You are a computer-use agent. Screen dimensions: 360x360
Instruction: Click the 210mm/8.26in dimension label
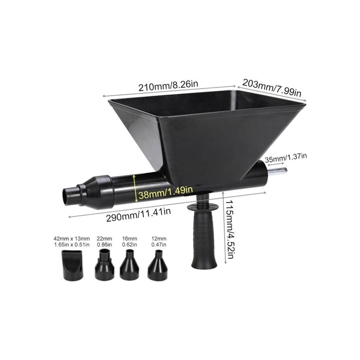[168, 86]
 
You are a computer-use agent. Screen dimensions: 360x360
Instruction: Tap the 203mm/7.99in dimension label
[272, 88]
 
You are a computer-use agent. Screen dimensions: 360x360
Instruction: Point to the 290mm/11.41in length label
[139, 215]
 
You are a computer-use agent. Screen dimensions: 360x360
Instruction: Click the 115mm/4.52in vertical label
[229, 229]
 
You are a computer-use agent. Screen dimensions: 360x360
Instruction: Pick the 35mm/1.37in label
[286, 158]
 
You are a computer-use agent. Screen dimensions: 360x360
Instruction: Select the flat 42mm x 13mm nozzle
[72, 265]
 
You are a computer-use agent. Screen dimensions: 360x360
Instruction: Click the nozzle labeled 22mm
[104, 264]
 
